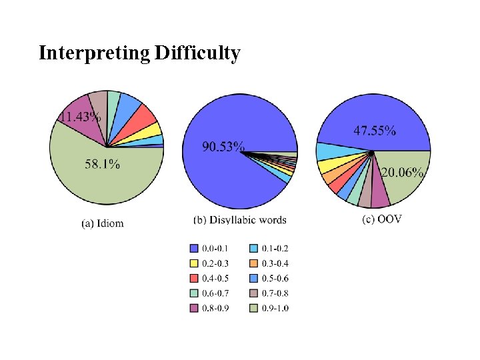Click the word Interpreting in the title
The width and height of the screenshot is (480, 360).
click(x=94, y=53)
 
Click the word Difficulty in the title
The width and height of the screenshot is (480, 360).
click(x=197, y=53)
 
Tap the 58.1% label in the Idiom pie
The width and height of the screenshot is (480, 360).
click(x=102, y=165)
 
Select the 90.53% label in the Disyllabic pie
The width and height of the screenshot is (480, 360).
click(x=223, y=146)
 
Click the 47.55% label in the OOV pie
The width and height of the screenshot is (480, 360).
click(x=374, y=131)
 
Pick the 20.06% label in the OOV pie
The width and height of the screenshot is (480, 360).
click(x=402, y=173)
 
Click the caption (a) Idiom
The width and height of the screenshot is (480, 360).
click(x=103, y=223)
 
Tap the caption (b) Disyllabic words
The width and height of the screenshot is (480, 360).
click(x=239, y=219)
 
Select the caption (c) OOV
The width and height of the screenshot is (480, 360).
click(x=382, y=219)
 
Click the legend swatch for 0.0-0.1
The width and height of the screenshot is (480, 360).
click(x=194, y=249)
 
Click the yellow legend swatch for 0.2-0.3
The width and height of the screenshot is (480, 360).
click(x=194, y=263)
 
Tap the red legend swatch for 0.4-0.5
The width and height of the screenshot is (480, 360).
click(x=194, y=278)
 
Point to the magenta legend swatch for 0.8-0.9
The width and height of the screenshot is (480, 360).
click(x=194, y=307)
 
